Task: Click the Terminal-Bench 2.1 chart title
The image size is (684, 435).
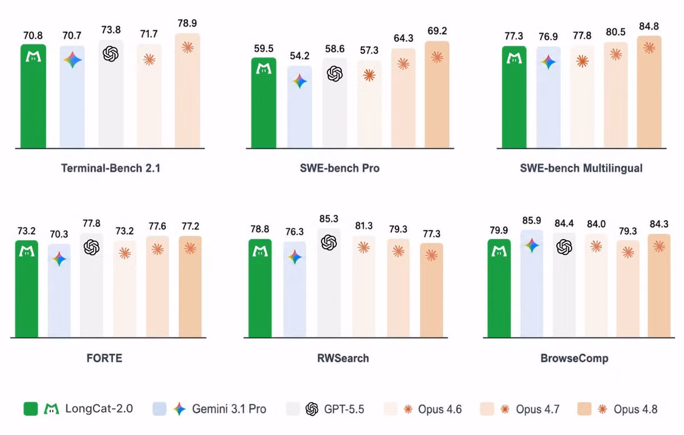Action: click(111, 168)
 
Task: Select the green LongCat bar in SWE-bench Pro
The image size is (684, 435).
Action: click(263, 103)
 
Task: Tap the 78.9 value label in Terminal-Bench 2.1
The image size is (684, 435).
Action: click(187, 23)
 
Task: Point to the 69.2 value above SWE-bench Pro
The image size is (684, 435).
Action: click(437, 31)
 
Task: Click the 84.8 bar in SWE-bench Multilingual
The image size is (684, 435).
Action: click(649, 92)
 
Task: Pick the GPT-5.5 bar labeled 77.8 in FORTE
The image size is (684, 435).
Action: click(92, 285)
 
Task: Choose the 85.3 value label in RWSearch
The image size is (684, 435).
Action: click(329, 219)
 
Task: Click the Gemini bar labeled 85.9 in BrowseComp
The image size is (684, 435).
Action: click(532, 284)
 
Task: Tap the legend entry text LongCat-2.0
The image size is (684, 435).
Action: click(99, 409)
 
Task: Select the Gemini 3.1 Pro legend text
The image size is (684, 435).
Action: click(229, 409)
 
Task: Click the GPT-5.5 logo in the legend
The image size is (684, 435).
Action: click(312, 409)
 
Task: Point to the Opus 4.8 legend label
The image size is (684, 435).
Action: click(636, 409)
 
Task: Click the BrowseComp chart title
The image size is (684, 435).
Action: click(575, 358)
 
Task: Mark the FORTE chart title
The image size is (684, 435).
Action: click(104, 358)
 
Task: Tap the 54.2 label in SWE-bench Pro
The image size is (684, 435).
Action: click(300, 56)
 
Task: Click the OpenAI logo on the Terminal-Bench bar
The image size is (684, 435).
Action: click(111, 54)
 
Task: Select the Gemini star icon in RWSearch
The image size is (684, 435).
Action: click(295, 257)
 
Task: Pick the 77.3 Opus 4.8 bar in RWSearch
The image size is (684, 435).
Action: click(431, 290)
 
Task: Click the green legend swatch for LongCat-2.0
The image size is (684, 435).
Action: click(31, 409)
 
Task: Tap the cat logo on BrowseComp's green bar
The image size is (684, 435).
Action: click(499, 251)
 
